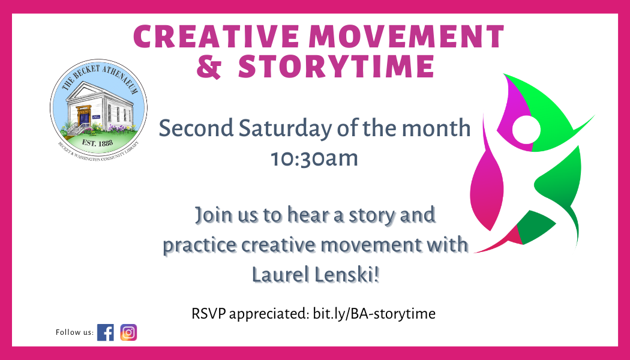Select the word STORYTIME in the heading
click(336, 67)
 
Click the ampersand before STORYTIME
click(209, 67)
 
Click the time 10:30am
click(314, 158)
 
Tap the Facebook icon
click(106, 332)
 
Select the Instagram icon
click(128, 332)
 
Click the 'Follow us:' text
click(74, 332)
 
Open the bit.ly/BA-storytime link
click(374, 313)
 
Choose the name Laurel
click(280, 277)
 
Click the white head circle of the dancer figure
click(526, 130)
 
